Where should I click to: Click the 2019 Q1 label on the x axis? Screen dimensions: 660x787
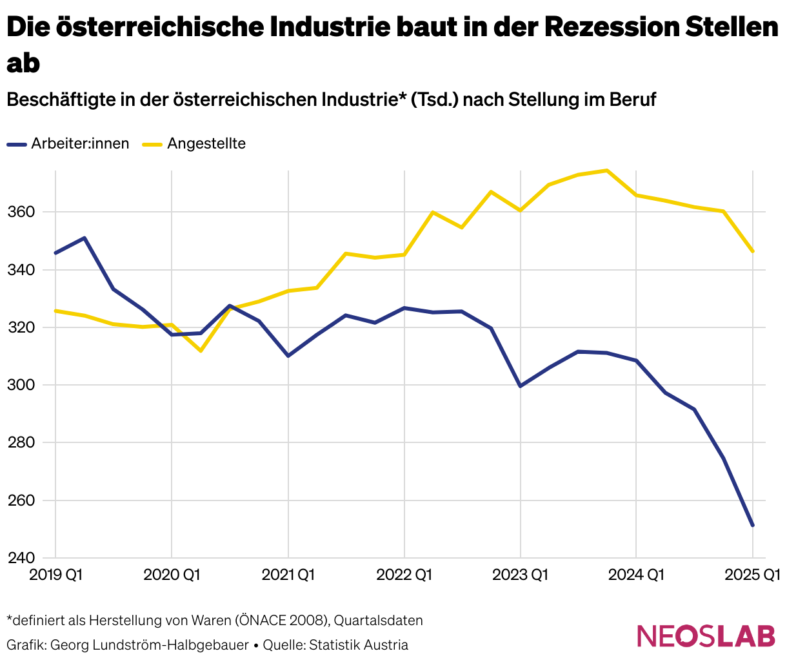point(56,574)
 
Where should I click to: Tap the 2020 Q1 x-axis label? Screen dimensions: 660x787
point(172,574)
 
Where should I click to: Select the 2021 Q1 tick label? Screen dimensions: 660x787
point(288,574)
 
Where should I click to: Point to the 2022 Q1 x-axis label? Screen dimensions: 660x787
point(404,574)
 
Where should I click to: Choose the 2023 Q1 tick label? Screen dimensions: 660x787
point(520,574)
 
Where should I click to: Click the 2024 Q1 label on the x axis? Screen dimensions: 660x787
point(636,574)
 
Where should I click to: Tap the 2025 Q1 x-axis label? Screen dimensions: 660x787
point(752,574)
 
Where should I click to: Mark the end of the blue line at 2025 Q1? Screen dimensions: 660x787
point(752,525)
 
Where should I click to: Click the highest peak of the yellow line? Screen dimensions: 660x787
point(607,170)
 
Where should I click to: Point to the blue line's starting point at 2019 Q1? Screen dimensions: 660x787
point(55,253)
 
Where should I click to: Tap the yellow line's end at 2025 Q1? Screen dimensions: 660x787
point(752,251)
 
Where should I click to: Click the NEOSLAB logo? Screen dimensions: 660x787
point(706,635)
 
